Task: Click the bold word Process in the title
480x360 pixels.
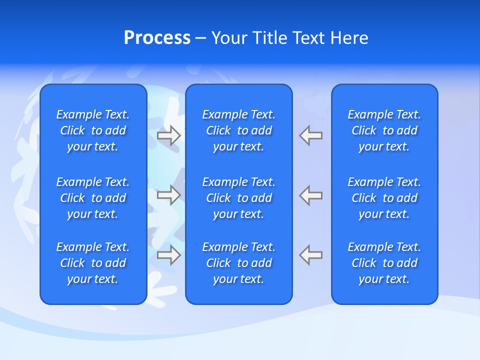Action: click(157, 38)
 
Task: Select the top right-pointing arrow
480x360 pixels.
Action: click(169, 135)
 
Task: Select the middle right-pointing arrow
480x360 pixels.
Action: click(169, 195)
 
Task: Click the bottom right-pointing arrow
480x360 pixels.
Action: click(169, 254)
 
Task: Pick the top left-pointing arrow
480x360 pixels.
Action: click(310, 135)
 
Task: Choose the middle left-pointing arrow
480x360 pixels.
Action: click(310, 195)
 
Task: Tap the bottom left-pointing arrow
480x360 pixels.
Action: click(310, 254)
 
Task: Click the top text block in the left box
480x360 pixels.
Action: click(93, 130)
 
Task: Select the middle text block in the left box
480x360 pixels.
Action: click(93, 198)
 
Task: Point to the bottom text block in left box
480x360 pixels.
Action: click(93, 263)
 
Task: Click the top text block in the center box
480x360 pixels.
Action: click(238, 130)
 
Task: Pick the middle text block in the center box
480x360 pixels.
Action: click(238, 198)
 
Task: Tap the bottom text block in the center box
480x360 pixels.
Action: click(238, 263)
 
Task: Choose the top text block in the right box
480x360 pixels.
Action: click(384, 130)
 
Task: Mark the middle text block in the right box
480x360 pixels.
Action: click(384, 198)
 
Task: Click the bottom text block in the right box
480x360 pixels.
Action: click(384, 263)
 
